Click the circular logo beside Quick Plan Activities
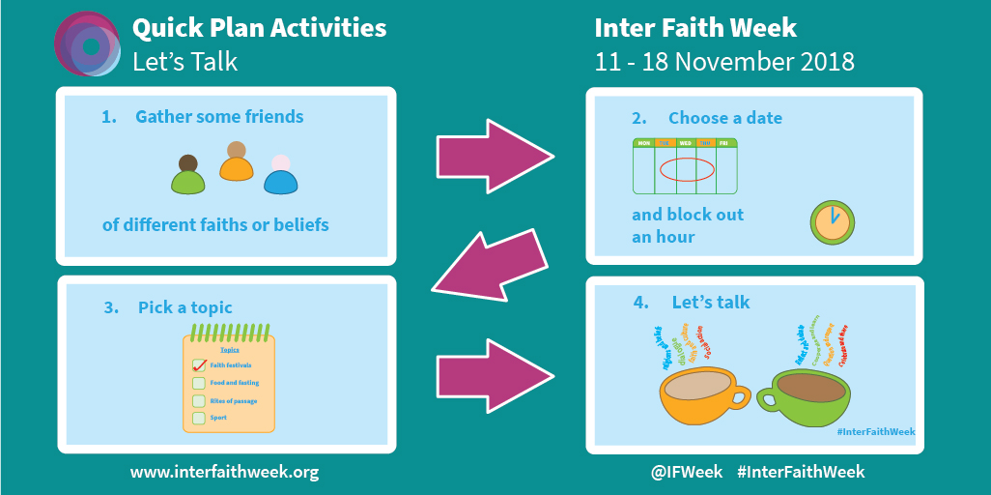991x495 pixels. point(88,44)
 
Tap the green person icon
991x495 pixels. point(188,177)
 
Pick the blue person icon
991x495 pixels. point(280,177)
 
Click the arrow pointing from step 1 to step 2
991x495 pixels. point(494,156)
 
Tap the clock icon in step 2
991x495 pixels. point(831,222)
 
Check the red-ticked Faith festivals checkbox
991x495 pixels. point(199,364)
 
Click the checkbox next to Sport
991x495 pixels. point(199,418)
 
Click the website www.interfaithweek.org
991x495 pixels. point(224,472)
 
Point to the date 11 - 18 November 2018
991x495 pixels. point(724,62)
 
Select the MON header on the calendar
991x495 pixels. point(643,143)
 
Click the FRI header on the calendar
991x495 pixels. point(723,143)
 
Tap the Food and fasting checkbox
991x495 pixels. point(199,383)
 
